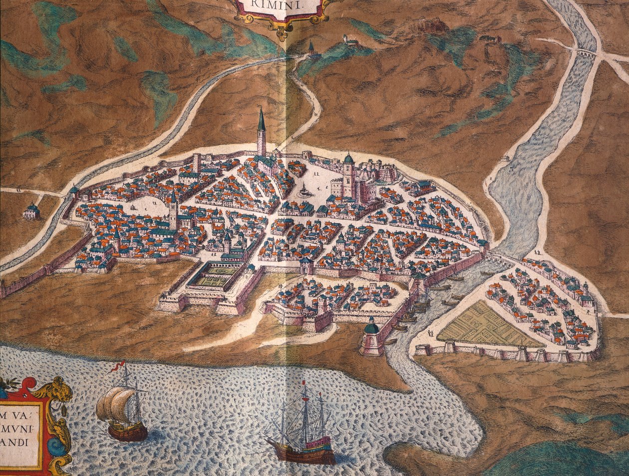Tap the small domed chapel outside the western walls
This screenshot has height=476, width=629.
pos(31,211)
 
